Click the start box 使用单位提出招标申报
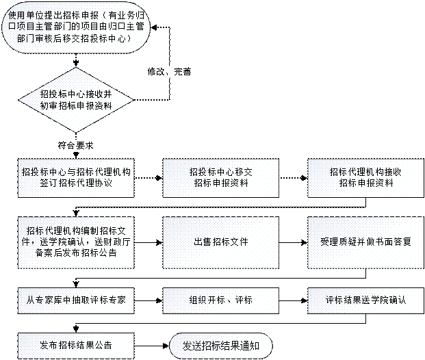(76, 27)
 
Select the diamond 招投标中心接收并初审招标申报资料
(76, 100)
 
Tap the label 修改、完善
(170, 72)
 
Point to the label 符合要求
(75, 145)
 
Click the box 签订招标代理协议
(76, 178)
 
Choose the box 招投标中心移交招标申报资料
(220, 178)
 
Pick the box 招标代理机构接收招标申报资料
(365, 178)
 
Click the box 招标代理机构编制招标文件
(76, 242)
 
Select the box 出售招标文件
(220, 242)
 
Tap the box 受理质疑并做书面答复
(365, 242)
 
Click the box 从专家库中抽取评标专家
(76, 300)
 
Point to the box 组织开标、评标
(220, 300)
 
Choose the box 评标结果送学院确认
(365, 300)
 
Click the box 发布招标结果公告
(76, 346)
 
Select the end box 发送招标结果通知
(220, 346)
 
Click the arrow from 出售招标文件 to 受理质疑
(294, 242)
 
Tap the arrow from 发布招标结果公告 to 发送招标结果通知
(152, 346)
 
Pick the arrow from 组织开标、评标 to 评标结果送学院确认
(294, 300)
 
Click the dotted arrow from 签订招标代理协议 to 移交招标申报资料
(149, 178)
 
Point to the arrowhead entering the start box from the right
(153, 27)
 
